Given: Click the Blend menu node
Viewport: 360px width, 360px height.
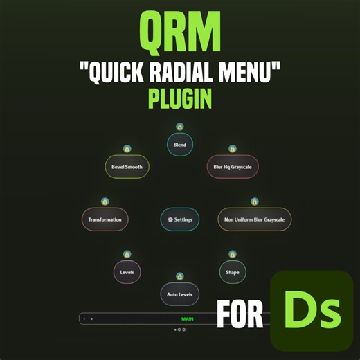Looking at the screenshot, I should click(180, 144).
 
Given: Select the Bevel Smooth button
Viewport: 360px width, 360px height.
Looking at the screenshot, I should click(127, 166).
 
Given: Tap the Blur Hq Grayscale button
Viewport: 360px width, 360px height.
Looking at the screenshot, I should click(233, 166).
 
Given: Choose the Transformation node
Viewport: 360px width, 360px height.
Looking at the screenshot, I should click(105, 219).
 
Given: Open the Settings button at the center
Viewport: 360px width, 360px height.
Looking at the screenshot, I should click(180, 219).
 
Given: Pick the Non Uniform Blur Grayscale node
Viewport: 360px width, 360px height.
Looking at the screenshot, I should click(254, 219).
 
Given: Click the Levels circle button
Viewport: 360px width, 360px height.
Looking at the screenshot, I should click(127, 272).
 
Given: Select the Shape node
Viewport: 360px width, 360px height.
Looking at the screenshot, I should click(233, 272).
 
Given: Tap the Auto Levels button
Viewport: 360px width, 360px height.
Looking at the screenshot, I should click(180, 294).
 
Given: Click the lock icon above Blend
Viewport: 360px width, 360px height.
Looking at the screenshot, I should click(180, 127).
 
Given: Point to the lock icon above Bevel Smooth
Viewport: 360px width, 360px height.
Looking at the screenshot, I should click(127, 149).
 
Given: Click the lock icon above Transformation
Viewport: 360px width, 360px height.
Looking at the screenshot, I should click(105, 201).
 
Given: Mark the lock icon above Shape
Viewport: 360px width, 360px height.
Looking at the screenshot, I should click(233, 254).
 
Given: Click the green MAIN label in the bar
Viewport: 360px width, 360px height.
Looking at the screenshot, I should click(188, 318).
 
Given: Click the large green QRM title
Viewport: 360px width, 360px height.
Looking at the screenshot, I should click(179, 31).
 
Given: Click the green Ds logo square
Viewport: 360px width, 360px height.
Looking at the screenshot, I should click(311, 312).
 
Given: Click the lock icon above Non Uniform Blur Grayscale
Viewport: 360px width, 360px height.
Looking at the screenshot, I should click(254, 201).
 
